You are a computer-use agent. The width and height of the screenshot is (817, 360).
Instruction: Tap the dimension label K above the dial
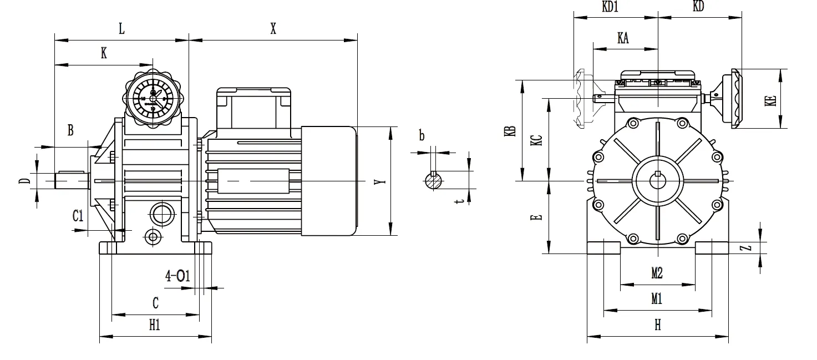(x=104, y=54)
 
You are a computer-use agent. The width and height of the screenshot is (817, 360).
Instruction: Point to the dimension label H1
(x=155, y=326)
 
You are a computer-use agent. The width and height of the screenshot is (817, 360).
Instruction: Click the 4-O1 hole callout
(x=177, y=276)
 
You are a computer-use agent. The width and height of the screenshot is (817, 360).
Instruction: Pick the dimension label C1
(x=78, y=216)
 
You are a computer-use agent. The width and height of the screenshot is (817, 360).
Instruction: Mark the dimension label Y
(x=378, y=182)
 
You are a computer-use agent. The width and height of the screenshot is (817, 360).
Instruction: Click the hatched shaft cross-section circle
(x=434, y=181)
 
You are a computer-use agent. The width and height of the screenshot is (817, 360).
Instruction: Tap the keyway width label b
(x=422, y=135)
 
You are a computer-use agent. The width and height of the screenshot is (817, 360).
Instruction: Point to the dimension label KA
(x=623, y=38)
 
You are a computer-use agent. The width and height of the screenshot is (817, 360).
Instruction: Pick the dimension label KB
(x=512, y=131)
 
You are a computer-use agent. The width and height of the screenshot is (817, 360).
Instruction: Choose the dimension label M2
(x=657, y=273)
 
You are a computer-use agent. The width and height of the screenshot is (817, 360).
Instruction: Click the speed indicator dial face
(x=153, y=98)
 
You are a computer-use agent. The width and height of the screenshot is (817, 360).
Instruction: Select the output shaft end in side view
(x=71, y=181)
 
